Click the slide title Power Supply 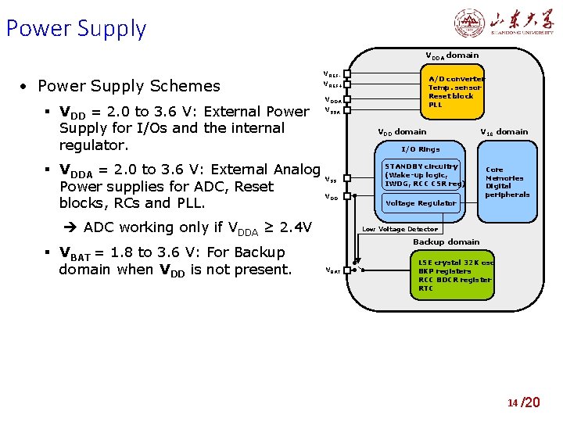click(76, 29)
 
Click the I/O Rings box click(421, 148)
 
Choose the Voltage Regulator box click(421, 203)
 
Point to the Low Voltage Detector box click(400, 229)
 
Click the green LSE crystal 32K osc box click(455, 276)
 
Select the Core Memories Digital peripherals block click(507, 181)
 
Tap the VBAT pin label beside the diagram click(332, 270)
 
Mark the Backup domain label click(446, 242)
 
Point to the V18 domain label click(504, 132)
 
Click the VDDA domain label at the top click(452, 55)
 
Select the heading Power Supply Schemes click(129, 85)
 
